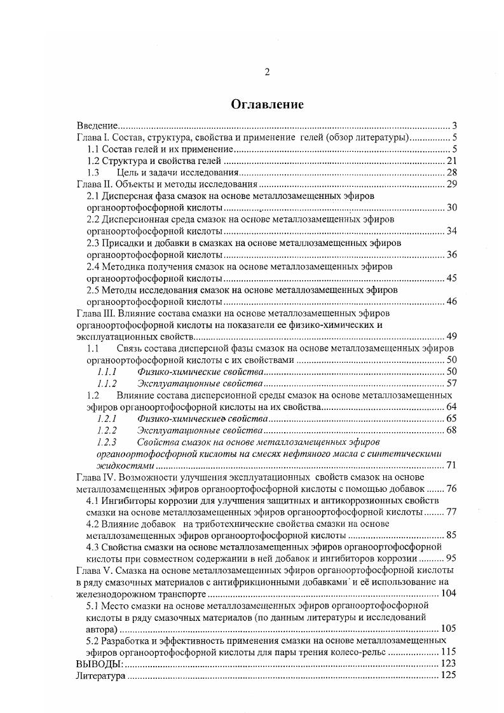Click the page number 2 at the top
coord(267,72)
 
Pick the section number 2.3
coord(93,243)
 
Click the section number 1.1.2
coord(107,384)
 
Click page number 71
coord(452,466)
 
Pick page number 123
coord(449,664)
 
